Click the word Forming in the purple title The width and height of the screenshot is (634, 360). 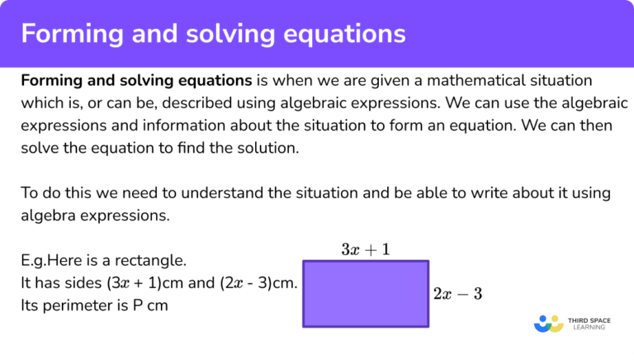tap(67, 34)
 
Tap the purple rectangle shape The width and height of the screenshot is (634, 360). tap(366, 293)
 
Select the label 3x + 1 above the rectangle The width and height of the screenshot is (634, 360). tap(366, 249)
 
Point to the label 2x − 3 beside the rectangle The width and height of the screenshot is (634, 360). tap(457, 294)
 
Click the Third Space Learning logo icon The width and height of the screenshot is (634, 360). tap(548, 324)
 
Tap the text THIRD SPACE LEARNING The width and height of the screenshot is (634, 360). tap(587, 324)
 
